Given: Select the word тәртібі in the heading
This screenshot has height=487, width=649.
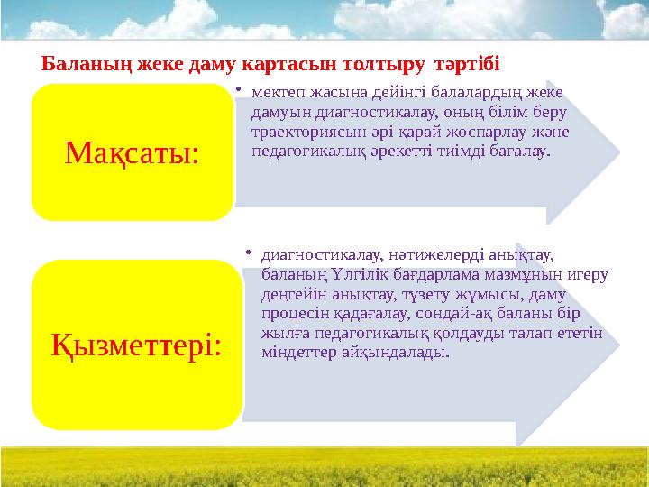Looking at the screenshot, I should pos(467,66).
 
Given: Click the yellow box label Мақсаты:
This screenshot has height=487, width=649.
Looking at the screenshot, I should pos(133,153).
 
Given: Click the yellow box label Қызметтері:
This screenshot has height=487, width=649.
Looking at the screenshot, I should pos(137,343).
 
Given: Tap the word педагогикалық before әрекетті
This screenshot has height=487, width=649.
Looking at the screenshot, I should pos(314,152).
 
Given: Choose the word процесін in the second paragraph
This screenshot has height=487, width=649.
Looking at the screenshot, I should pos(291,313).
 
